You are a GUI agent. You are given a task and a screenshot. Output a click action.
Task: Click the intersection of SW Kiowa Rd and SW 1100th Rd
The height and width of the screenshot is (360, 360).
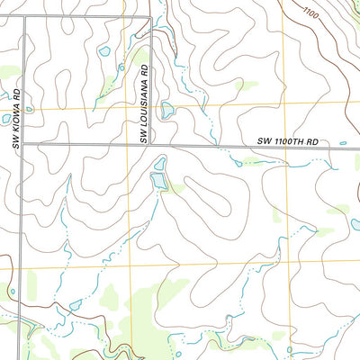(x=23, y=143)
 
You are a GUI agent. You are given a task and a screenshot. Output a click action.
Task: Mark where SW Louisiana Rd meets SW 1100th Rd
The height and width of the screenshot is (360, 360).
(x=149, y=143)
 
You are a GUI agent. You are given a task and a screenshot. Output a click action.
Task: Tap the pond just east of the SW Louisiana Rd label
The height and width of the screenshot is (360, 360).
(x=166, y=110)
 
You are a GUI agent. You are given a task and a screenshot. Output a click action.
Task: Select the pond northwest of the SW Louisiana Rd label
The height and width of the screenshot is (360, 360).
(x=104, y=51)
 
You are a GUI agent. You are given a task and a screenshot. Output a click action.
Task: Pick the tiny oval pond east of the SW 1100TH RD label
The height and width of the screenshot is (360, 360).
(x=343, y=142)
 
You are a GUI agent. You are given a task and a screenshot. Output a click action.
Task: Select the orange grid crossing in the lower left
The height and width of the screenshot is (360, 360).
(x=132, y=266)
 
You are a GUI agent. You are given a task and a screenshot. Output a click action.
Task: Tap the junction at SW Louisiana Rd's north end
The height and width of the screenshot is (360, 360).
(x=149, y=16)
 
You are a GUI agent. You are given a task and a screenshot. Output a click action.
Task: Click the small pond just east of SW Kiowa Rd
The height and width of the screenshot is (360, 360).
(x=30, y=109)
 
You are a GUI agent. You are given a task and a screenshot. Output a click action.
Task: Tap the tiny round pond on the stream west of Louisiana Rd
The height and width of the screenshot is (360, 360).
(x=121, y=67)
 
